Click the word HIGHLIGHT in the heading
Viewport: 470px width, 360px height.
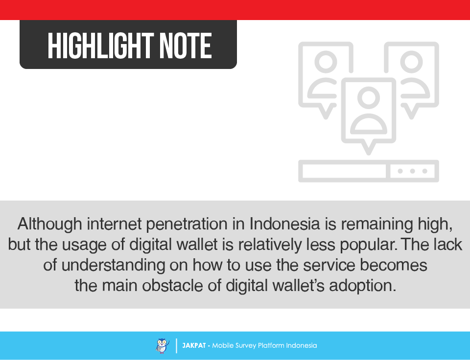point(101,45)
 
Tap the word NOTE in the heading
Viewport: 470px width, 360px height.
point(186,45)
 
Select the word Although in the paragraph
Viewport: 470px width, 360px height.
point(50,224)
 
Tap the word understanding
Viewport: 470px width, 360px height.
point(113,265)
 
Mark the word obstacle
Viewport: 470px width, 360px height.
point(173,286)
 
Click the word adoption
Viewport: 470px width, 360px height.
point(363,286)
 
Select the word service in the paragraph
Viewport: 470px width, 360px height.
point(329,265)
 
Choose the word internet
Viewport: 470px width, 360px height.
point(114,224)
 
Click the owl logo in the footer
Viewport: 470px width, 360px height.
point(163,346)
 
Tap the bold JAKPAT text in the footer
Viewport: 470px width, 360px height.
point(194,345)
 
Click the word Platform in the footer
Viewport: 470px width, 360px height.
point(271,345)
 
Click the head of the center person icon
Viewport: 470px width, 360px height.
point(368,98)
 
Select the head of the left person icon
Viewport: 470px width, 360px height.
point(326,62)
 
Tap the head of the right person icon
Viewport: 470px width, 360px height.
point(412,62)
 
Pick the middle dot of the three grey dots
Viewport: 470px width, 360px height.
point(412,171)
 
